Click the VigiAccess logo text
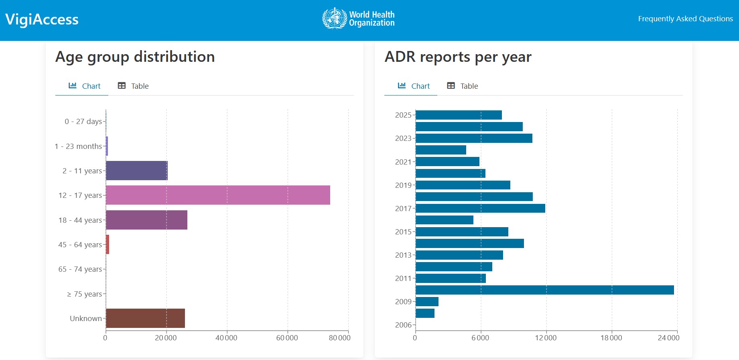(x=42, y=20)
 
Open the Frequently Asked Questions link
(x=685, y=19)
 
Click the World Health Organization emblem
(x=335, y=18)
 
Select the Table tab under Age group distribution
(x=133, y=86)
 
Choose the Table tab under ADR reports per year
(x=463, y=86)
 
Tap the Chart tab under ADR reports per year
(x=414, y=86)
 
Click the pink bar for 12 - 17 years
(x=218, y=195)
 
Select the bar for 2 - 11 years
(x=136, y=171)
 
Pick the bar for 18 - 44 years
(x=146, y=220)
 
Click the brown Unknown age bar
(x=145, y=318)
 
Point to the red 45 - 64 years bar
(x=108, y=244)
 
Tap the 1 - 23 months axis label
(x=78, y=146)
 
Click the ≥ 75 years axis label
(x=84, y=294)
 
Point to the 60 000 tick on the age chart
(x=287, y=338)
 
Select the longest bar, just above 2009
(x=544, y=290)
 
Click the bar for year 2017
(x=480, y=208)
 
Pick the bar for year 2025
(x=459, y=115)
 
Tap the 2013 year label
(x=403, y=255)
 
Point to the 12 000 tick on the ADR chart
(x=546, y=338)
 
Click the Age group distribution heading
(x=135, y=57)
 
